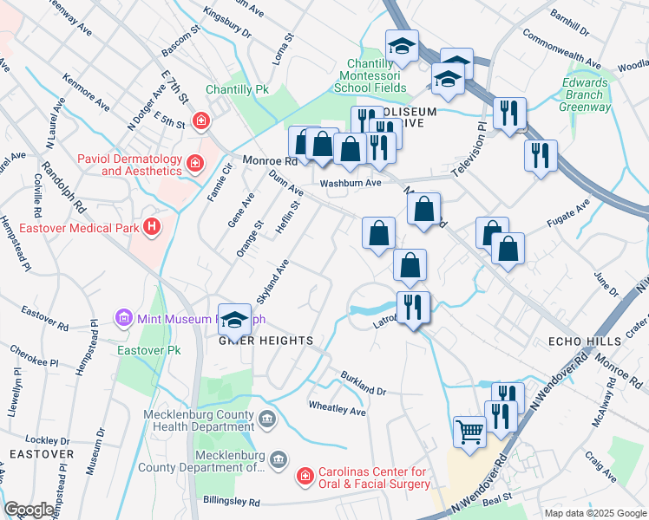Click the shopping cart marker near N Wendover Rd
click(470, 431)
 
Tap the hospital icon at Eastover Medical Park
click(153, 227)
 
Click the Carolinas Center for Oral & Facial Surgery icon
click(305, 476)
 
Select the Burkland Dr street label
click(363, 380)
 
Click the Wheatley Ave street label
click(338, 408)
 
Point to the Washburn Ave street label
click(350, 184)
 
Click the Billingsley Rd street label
click(231, 502)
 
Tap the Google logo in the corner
click(29, 510)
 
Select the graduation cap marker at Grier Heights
click(233, 319)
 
